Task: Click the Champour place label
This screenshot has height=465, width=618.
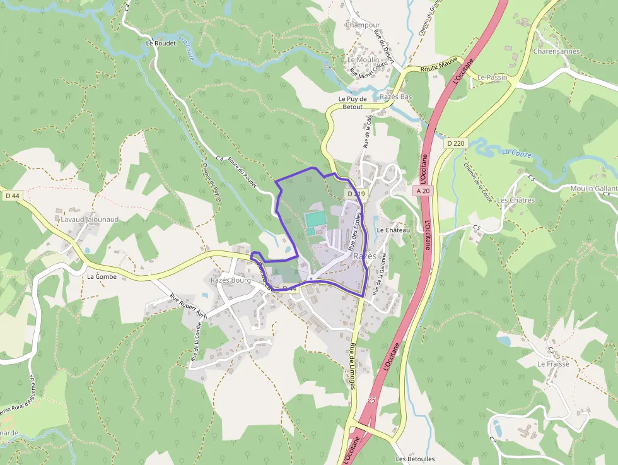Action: point(363,25)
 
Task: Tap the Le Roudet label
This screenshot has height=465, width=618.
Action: point(160,44)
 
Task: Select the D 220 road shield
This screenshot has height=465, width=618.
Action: point(455,144)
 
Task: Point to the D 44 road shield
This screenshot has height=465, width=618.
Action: point(11,196)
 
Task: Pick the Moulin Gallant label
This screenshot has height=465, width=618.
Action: point(593,189)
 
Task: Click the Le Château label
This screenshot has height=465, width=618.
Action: point(393,230)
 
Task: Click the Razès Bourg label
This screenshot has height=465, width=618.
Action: point(230,280)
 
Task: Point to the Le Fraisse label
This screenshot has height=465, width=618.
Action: point(553,364)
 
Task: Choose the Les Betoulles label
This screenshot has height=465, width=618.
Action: point(415,459)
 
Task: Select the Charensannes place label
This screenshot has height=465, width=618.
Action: point(556,51)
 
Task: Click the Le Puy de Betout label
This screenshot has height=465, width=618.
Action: point(353,103)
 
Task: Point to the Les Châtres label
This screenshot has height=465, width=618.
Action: point(515,200)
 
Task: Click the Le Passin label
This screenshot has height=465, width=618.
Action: point(492,78)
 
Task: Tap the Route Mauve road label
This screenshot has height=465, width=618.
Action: point(438,67)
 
